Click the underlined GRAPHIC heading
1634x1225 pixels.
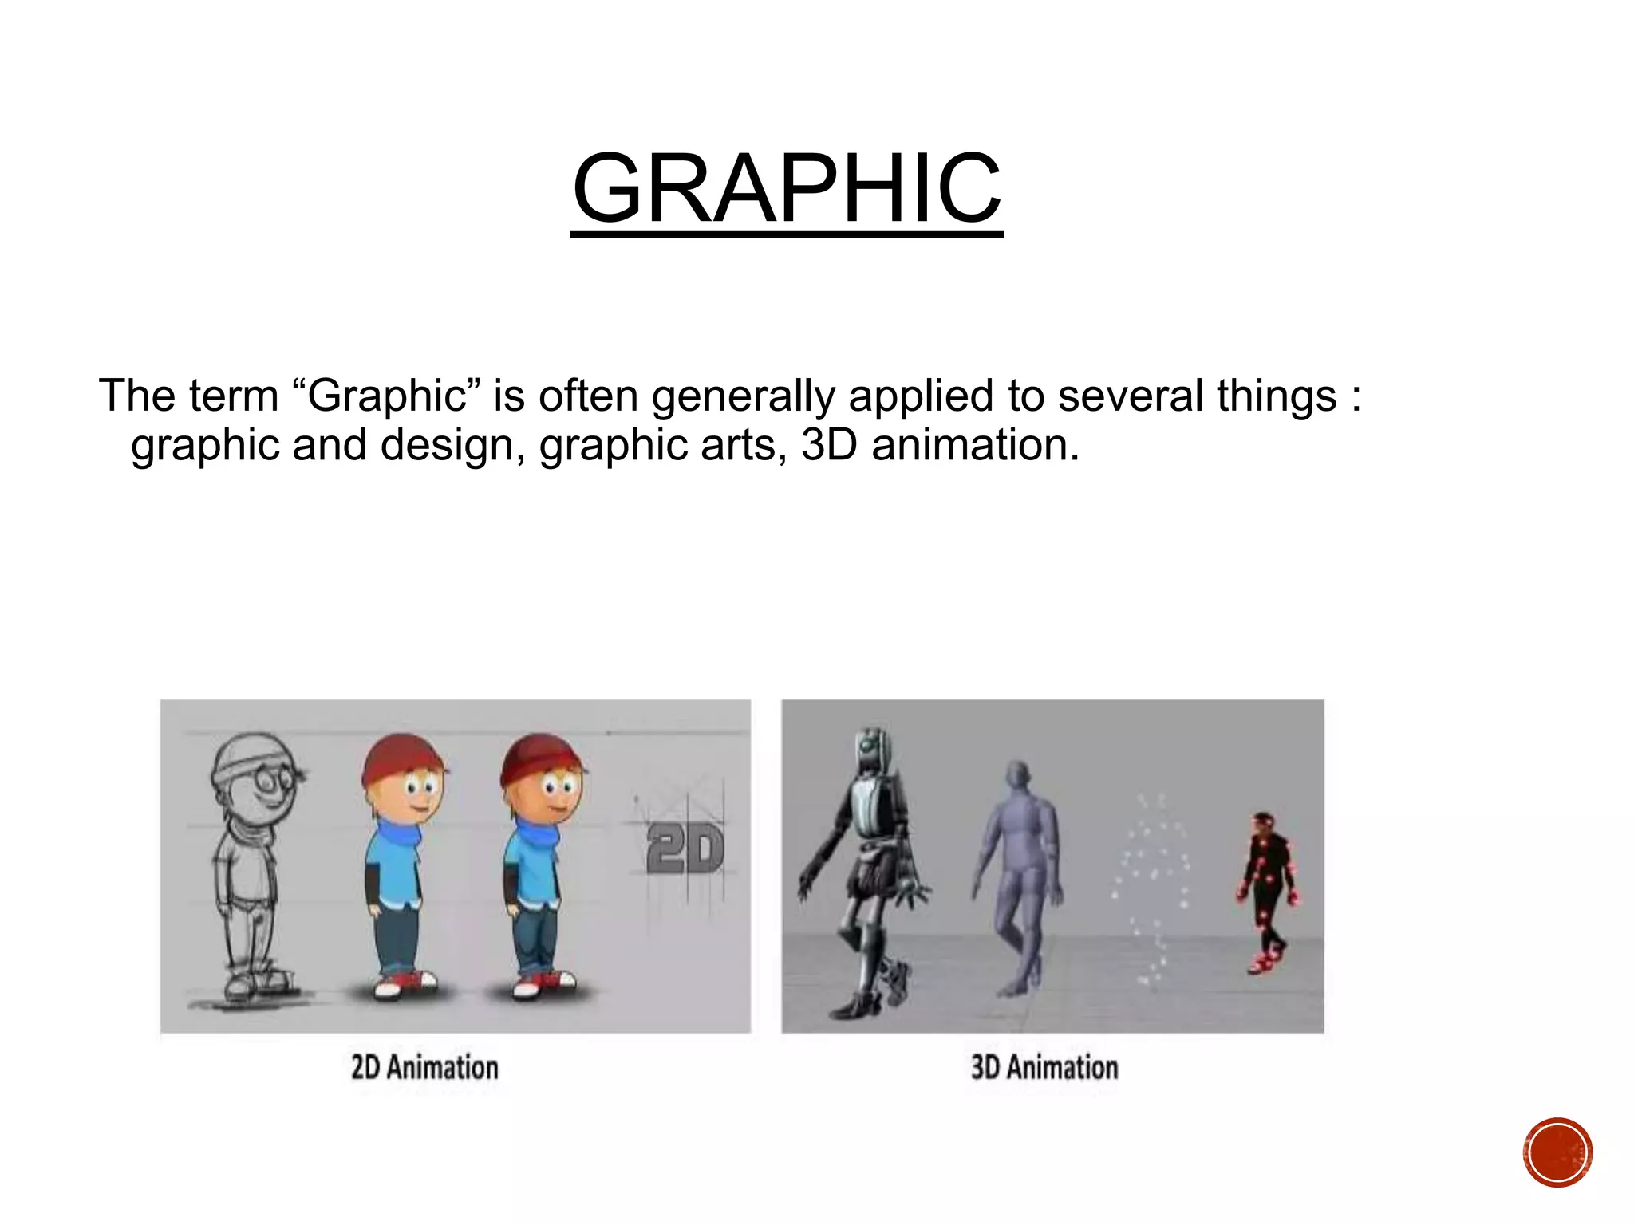click(787, 189)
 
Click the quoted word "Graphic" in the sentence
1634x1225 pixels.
click(387, 396)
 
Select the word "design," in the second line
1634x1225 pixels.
click(452, 446)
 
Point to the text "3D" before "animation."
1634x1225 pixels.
click(829, 445)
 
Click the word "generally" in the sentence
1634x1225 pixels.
click(743, 396)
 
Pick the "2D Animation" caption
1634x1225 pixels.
click(424, 1067)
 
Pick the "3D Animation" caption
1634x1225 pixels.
click(1044, 1067)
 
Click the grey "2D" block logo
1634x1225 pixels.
click(685, 849)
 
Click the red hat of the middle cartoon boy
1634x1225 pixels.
click(401, 758)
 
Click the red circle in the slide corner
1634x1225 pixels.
click(1557, 1152)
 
